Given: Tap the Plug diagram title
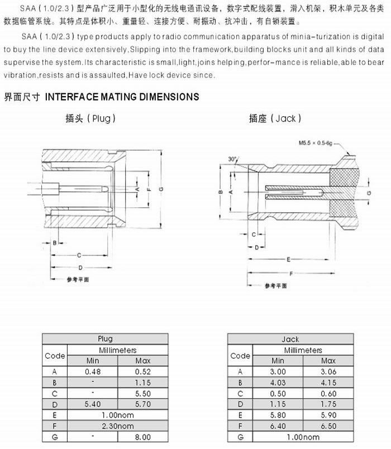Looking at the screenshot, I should coord(90,118).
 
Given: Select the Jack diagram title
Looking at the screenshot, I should coord(275,118).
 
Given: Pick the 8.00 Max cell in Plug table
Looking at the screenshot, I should coord(142,437).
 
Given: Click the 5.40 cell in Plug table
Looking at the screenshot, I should coord(92,404).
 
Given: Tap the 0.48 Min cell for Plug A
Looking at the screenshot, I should coord(92,371).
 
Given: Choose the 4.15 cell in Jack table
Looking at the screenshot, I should coord(328,383).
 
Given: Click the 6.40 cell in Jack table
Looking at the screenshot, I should coord(278,426).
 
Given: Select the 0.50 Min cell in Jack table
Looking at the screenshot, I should coord(278,393).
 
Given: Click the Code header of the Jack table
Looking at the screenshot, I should coord(240,355).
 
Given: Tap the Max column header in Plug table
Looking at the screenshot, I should coord(142,361).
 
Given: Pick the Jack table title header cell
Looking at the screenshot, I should coord(290,339).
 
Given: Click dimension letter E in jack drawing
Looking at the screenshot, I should coord(288,260).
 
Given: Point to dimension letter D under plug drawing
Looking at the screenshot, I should coord(80,267).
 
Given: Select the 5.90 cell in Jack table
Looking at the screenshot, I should coord(328,415).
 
